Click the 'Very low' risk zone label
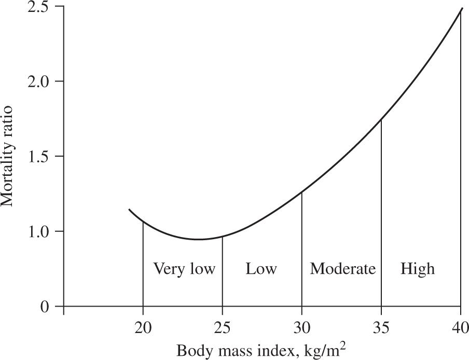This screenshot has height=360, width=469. click(x=184, y=269)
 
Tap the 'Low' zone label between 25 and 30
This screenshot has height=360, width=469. click(x=261, y=269)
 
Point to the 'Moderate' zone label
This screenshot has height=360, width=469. click(x=342, y=269)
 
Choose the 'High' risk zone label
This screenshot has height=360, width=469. click(x=418, y=269)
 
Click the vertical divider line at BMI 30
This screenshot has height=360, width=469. click(x=302, y=249)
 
